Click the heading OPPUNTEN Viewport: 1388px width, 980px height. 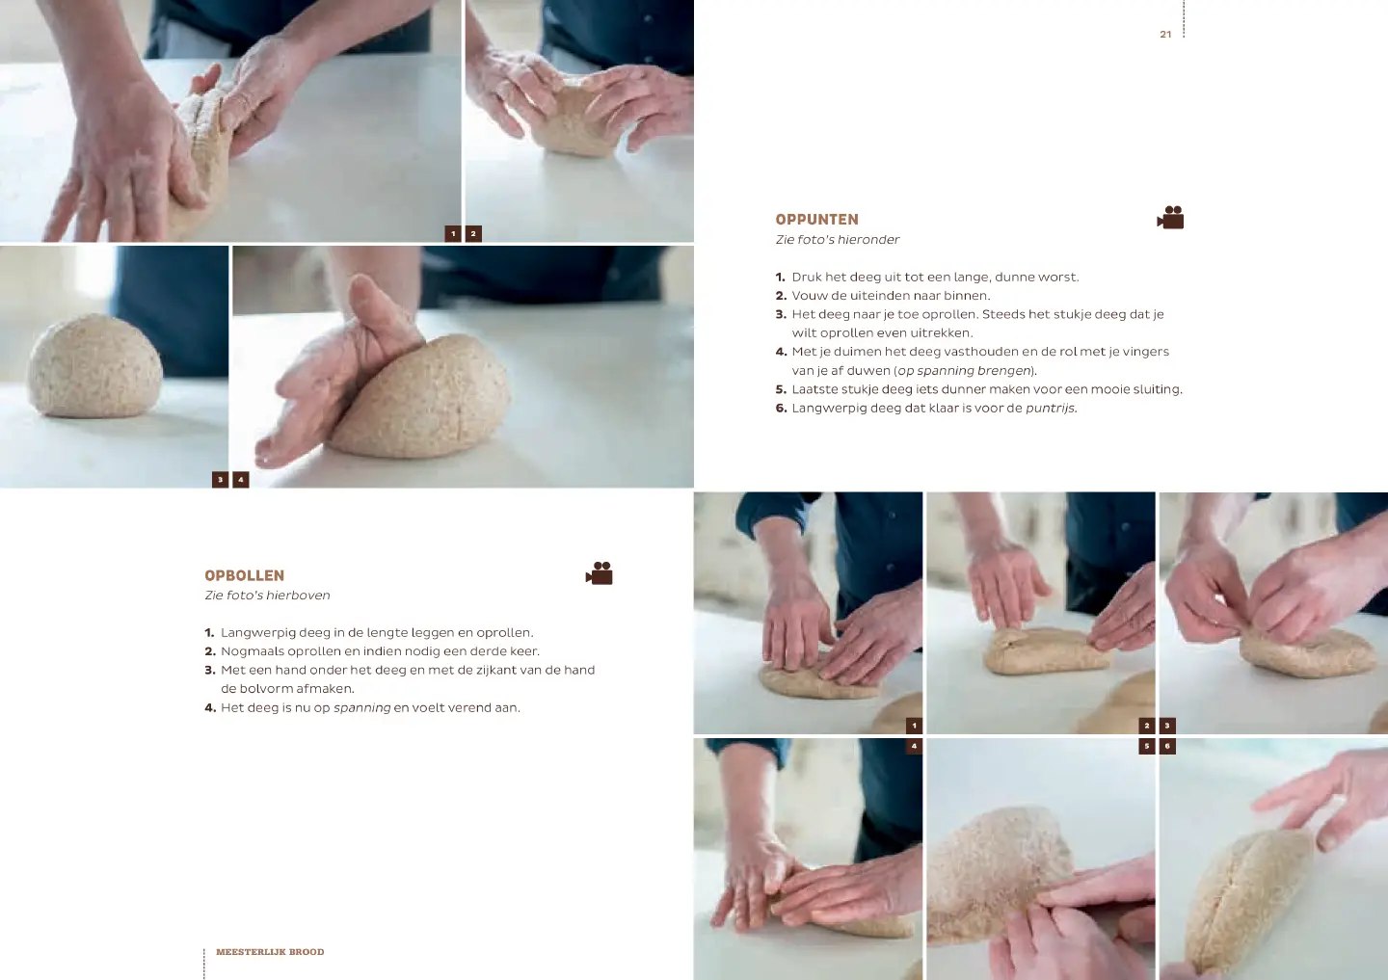coord(816,220)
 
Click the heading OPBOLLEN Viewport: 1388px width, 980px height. coord(244,575)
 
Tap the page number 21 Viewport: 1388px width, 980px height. coord(1165,35)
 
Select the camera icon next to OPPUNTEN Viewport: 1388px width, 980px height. coord(1170,218)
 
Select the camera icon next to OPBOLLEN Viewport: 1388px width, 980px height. coord(600,573)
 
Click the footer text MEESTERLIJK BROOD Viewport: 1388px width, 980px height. coord(270,951)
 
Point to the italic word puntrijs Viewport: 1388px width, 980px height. coord(1051,409)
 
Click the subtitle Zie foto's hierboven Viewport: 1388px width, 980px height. coord(267,596)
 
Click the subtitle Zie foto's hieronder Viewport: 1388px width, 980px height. coord(837,240)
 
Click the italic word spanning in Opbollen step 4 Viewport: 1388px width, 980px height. coord(361,708)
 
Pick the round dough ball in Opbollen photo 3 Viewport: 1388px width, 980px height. coord(94,367)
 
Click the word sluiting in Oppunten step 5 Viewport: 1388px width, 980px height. coord(1157,389)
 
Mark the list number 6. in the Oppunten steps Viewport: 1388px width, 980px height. coord(782,409)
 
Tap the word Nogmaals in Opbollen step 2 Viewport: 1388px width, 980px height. coord(252,651)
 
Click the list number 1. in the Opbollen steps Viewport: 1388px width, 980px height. coord(209,632)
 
